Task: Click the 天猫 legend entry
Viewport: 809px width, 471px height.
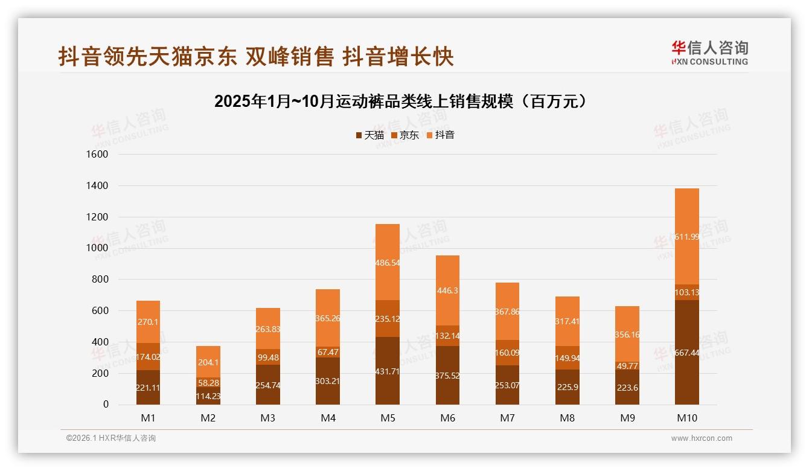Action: [x=369, y=135]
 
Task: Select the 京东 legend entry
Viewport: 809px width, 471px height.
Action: [x=405, y=135]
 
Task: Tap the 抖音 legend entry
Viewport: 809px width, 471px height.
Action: [x=440, y=135]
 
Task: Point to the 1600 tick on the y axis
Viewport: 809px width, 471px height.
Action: [x=97, y=155]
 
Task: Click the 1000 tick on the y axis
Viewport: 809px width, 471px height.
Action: [x=97, y=248]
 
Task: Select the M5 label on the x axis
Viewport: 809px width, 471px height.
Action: [x=388, y=418]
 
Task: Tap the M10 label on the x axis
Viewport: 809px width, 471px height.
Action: [x=686, y=418]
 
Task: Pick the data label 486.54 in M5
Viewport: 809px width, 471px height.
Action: [x=388, y=263]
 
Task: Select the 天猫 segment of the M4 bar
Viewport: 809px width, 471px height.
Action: [x=328, y=381]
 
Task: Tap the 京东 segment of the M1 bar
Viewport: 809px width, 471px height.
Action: [x=148, y=356]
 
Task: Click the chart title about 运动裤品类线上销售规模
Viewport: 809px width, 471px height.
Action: [x=401, y=101]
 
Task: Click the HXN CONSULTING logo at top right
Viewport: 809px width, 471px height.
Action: [x=709, y=53]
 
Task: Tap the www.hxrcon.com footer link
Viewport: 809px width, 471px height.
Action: [x=702, y=438]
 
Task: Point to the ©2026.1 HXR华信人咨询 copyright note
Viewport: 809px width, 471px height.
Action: [x=111, y=438]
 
